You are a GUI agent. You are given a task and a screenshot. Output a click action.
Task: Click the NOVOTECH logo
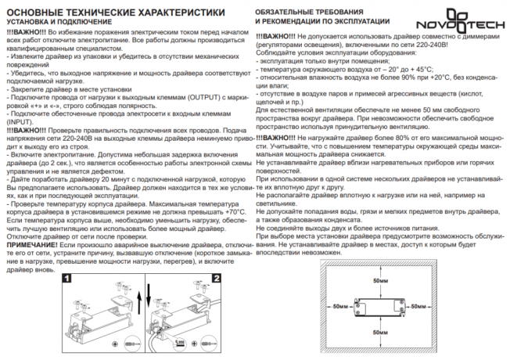pyautogui.click(x=474, y=16)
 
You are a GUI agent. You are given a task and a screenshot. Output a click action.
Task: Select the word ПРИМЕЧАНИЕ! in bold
pyautogui.click(x=32, y=244)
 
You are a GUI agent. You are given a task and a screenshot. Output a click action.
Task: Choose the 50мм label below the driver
pyautogui.click(x=381, y=331)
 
